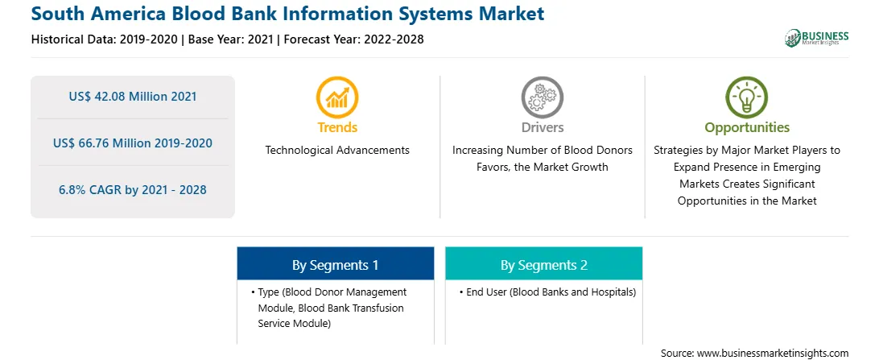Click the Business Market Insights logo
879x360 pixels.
pos(817,38)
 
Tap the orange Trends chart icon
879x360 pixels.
pos(337,97)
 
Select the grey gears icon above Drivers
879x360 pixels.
pos(542,97)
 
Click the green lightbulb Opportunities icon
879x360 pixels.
pos(747,97)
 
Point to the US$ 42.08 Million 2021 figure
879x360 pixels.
pos(133,97)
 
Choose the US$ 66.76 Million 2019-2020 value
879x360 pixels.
pos(133,143)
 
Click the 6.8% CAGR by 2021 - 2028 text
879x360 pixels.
pos(133,189)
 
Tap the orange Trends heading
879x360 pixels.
pos(337,127)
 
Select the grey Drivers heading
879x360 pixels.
pos(542,127)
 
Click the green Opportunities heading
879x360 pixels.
pos(747,128)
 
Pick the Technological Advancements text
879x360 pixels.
pos(337,151)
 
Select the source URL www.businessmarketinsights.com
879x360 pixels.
pos(773,354)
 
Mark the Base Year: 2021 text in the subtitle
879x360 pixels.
pos(230,39)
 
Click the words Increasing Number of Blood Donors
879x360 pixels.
pos(543,151)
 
